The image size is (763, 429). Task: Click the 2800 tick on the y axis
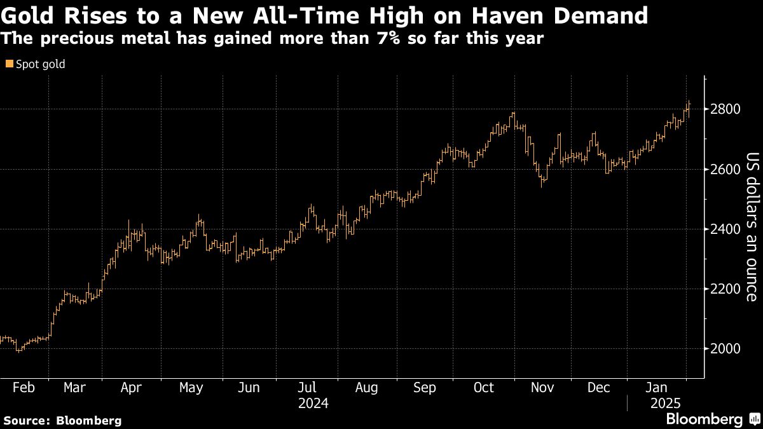[x=725, y=109]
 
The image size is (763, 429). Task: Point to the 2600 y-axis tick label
[x=725, y=169]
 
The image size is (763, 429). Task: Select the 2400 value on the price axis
[x=725, y=229]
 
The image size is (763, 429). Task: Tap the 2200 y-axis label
[x=725, y=289]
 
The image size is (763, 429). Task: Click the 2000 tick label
[x=725, y=349]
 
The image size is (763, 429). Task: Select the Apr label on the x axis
[x=130, y=388]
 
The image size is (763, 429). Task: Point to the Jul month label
[x=308, y=388]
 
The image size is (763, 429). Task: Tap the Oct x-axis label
[x=483, y=388]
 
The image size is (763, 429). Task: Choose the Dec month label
[x=599, y=388]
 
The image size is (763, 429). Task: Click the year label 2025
[x=664, y=404]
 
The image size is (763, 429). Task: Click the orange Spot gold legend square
[x=9, y=64]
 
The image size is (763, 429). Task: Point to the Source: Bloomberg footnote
[x=62, y=420]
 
